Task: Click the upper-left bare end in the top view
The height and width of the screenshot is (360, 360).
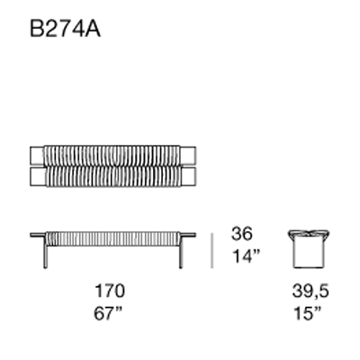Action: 38,154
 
